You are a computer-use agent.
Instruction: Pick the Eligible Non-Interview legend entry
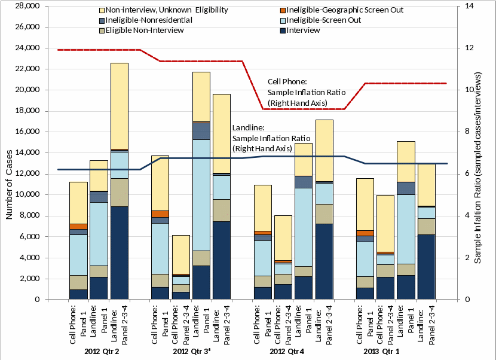click(x=144, y=30)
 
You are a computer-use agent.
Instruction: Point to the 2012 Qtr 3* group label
click(x=192, y=351)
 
